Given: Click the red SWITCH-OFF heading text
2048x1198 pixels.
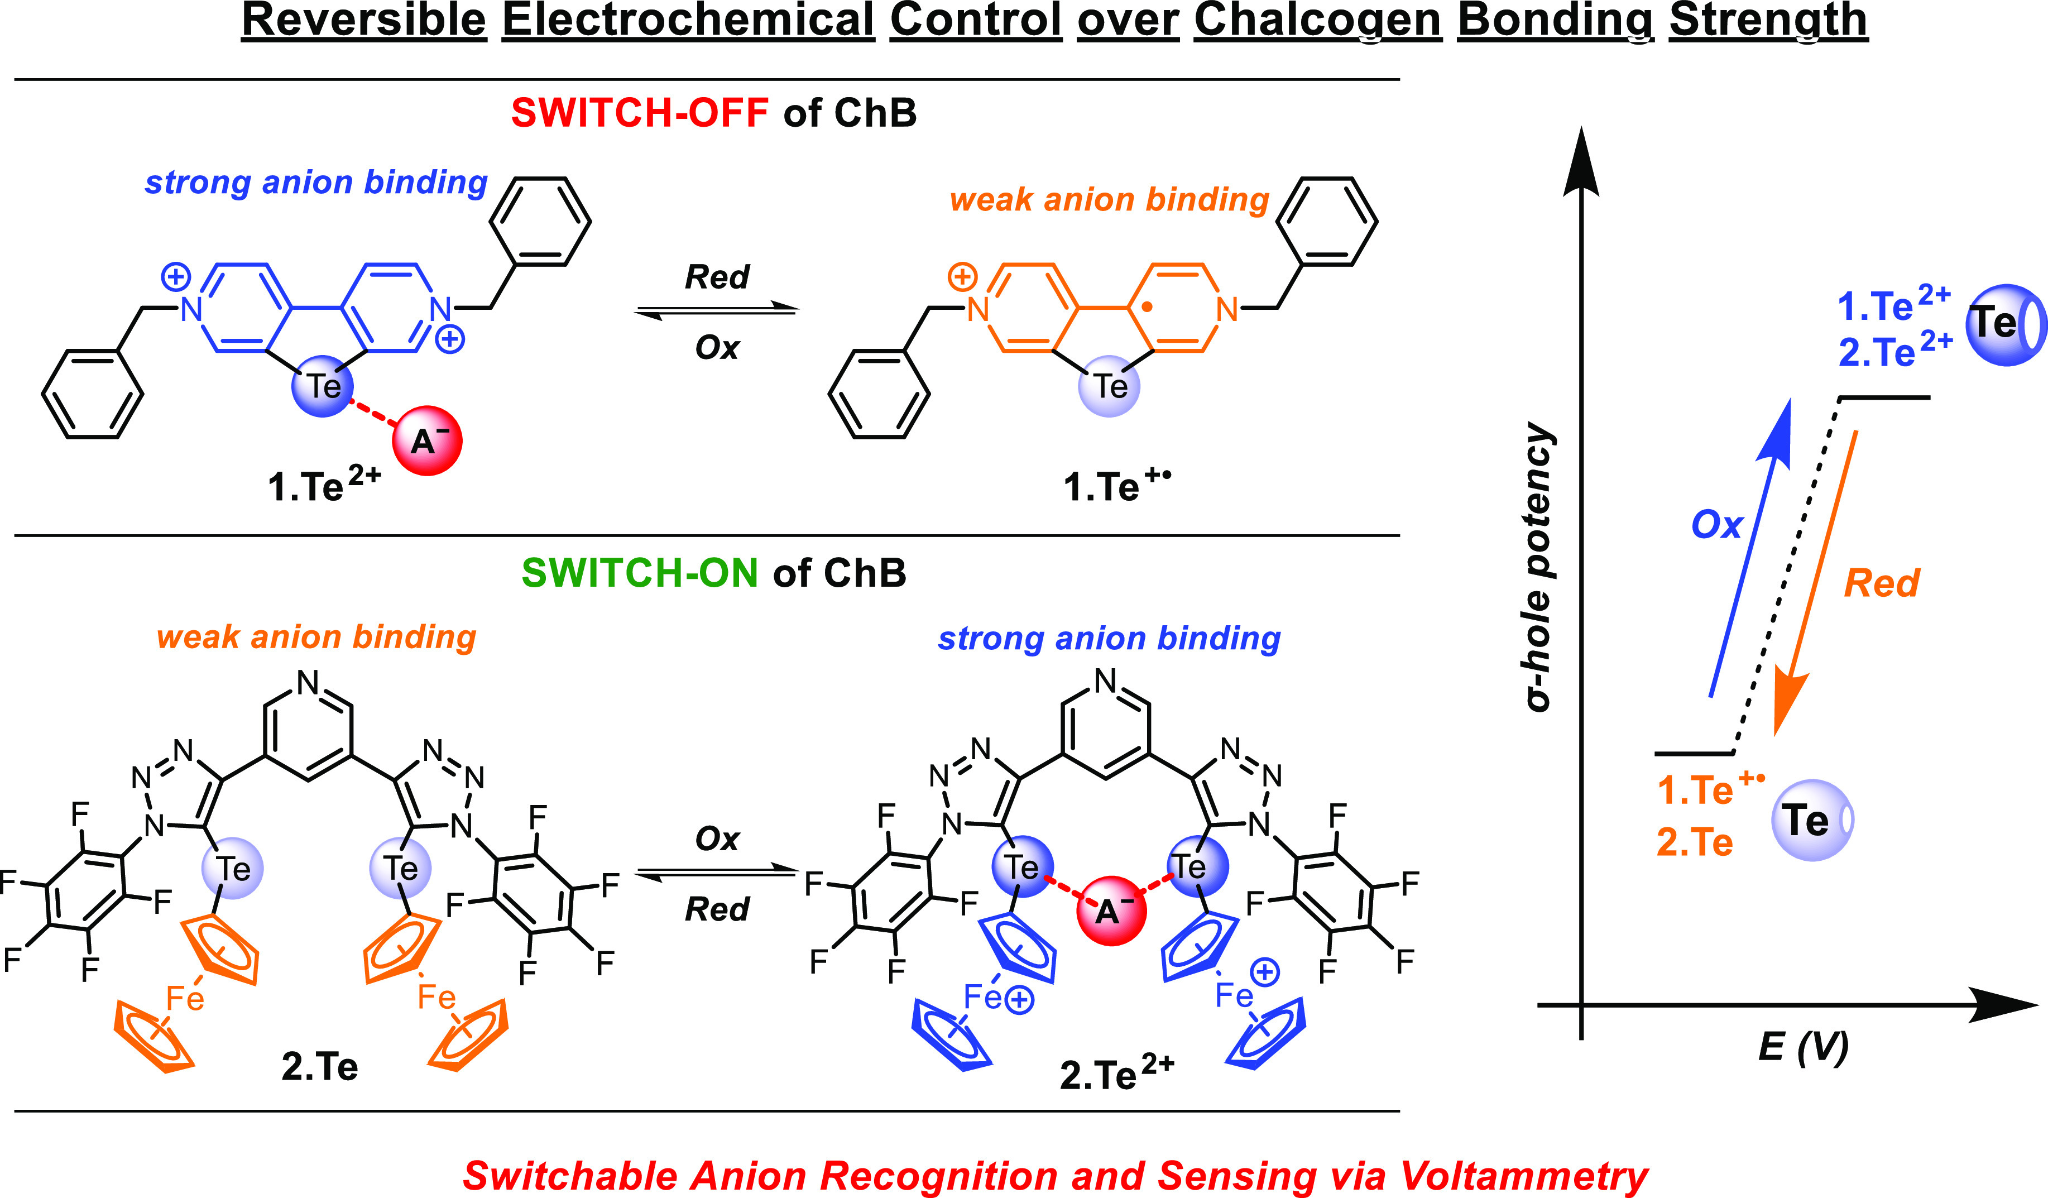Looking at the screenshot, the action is click(640, 112).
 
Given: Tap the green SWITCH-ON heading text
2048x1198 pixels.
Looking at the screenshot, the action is click(640, 573).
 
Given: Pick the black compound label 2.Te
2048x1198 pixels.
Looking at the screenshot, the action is click(319, 1066).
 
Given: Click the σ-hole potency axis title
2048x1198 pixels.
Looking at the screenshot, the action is click(1538, 567).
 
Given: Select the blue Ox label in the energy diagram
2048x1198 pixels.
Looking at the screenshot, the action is click(1716, 525).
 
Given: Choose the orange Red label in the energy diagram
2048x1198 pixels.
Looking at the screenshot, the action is click(1882, 583).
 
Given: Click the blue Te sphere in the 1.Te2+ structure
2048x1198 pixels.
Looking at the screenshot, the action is click(323, 386).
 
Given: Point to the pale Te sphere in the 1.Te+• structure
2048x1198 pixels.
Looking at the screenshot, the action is click(1109, 386).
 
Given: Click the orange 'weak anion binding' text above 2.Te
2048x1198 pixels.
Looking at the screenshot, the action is click(316, 637).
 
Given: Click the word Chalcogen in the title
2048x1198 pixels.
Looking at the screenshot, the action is click(1317, 20).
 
